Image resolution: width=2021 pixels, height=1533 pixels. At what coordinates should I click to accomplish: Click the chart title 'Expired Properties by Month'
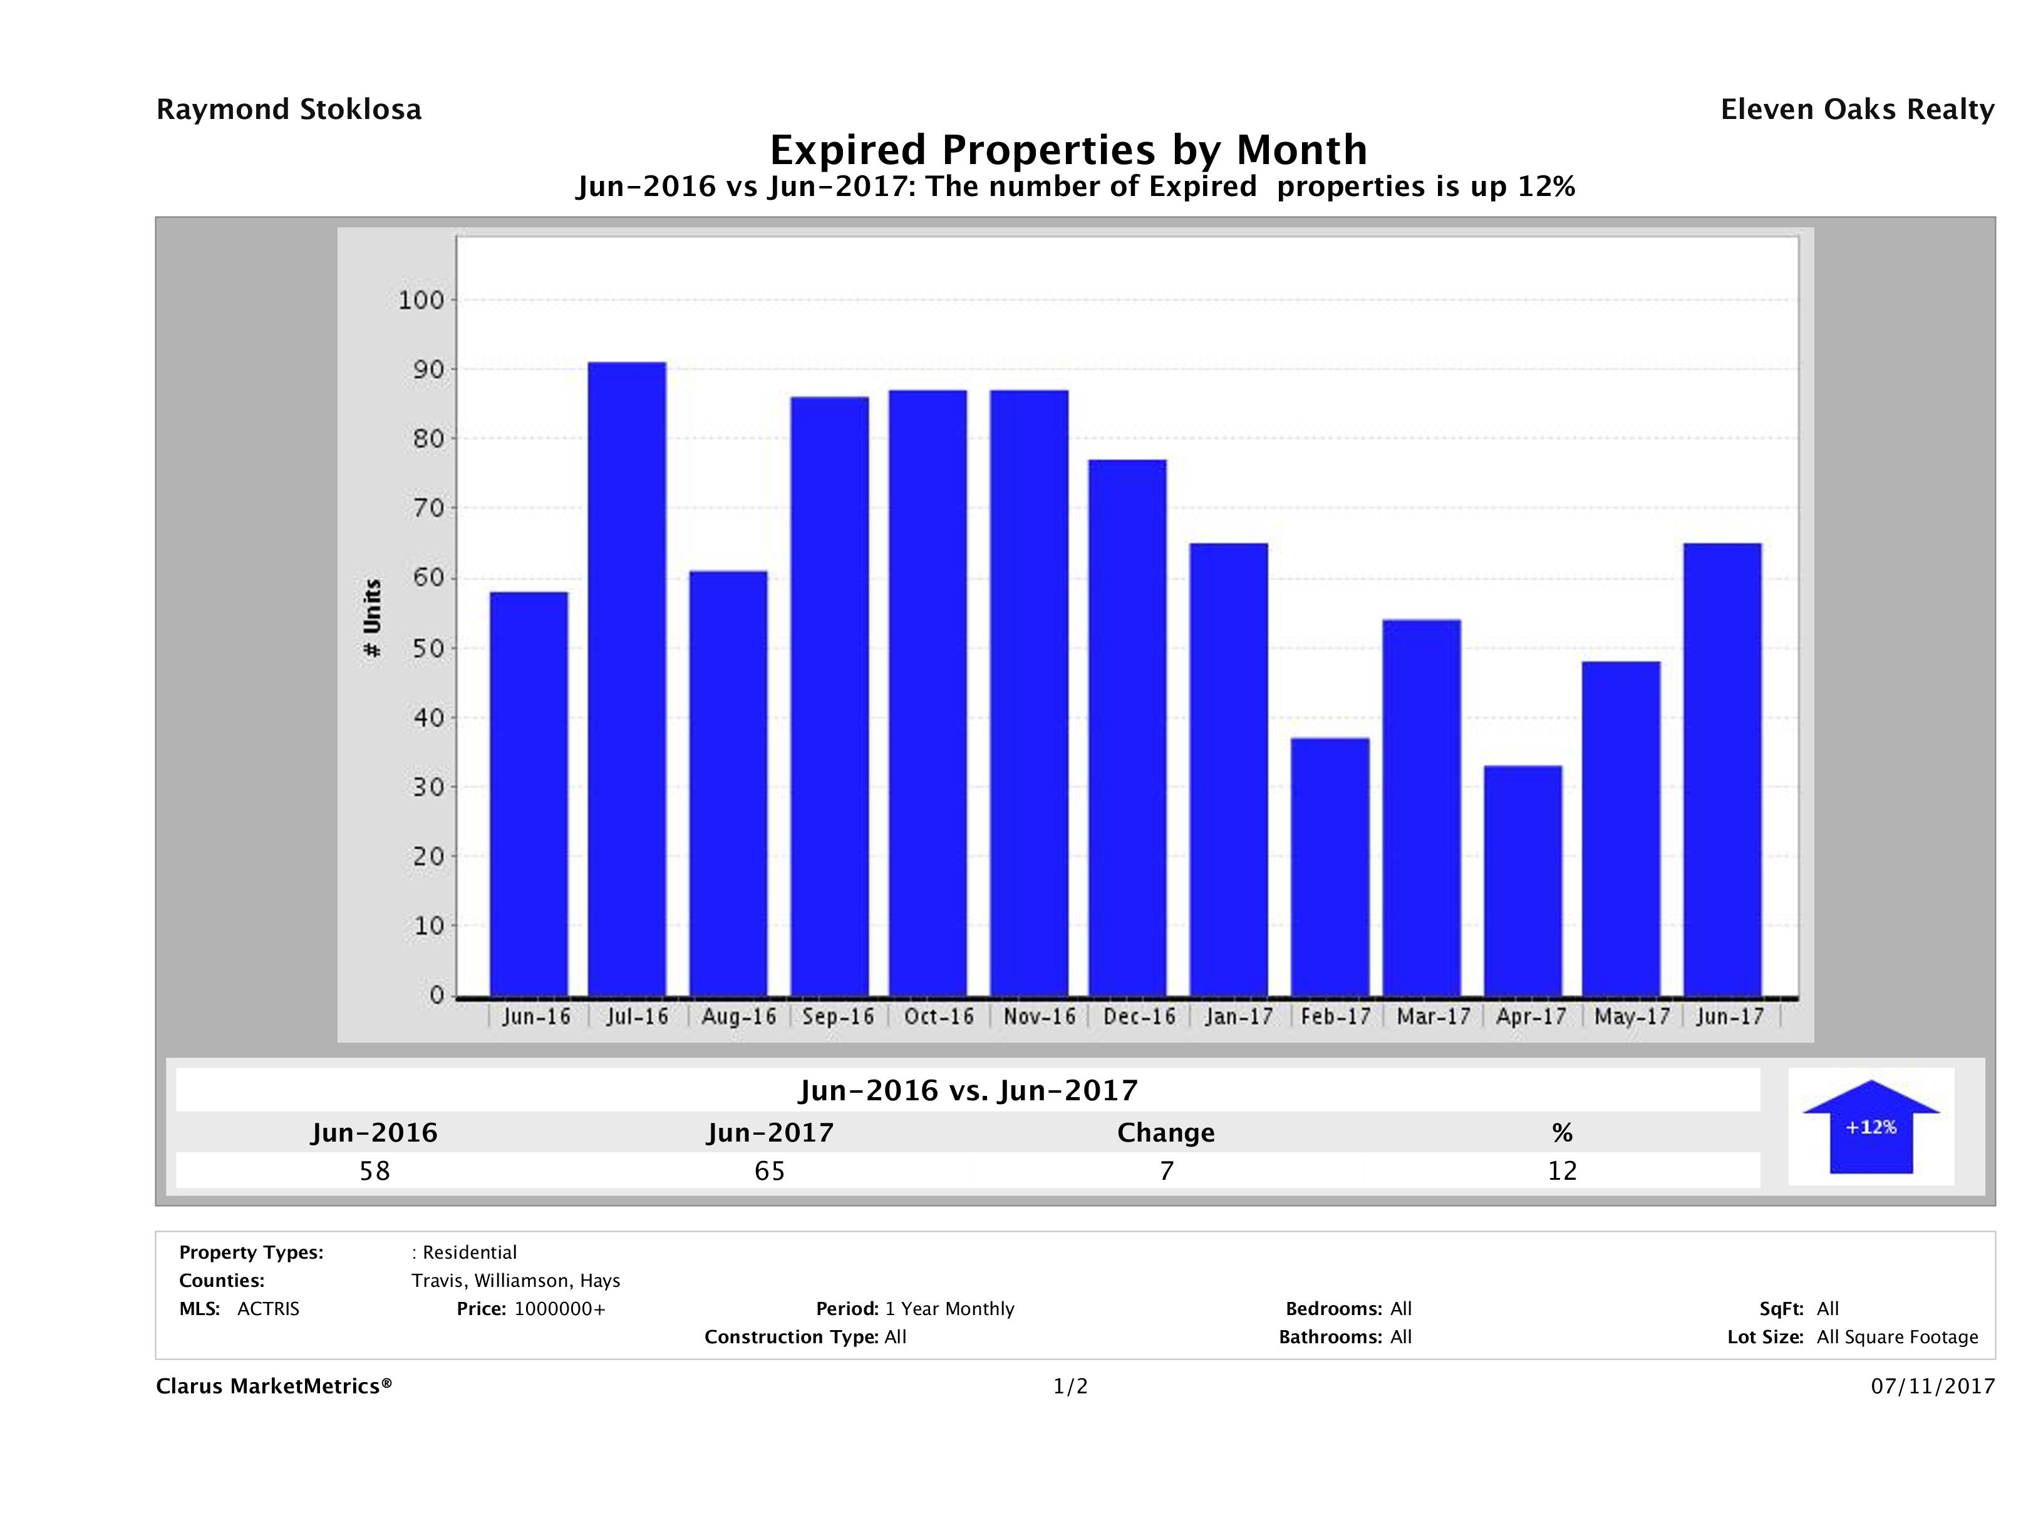coord(1068,150)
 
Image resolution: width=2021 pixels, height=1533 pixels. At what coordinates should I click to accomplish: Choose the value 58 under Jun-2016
coord(375,1170)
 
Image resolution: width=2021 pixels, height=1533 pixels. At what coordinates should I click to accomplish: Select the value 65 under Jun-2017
coord(769,1170)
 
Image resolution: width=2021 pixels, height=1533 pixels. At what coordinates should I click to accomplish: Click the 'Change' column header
coord(1166,1133)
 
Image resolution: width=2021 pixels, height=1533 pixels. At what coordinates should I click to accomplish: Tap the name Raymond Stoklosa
coord(289,110)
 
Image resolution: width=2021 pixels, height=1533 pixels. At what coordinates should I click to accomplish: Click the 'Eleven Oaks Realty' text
coord(1856,110)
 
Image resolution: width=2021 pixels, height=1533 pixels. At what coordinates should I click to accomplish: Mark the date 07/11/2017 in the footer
coord(1932,1386)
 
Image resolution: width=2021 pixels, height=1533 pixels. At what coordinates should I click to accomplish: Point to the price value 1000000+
coord(559,1308)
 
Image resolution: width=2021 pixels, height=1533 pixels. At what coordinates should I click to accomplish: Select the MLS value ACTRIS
coord(267,1308)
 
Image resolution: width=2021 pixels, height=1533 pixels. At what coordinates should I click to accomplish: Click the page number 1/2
coord(1070,1386)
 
